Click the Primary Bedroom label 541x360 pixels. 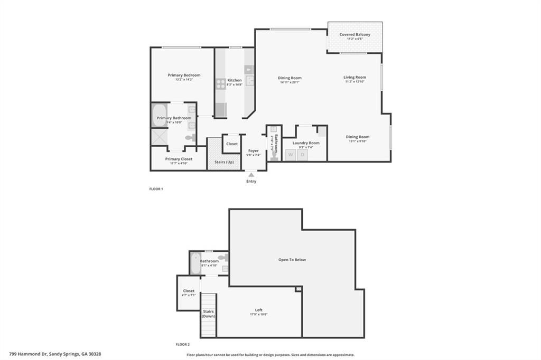[184, 75]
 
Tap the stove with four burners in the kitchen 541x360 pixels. [220, 82]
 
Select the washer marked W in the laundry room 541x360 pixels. [290, 155]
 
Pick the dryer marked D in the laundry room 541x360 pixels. [303, 155]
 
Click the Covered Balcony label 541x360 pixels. [355, 34]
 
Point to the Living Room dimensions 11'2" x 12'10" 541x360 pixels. [355, 82]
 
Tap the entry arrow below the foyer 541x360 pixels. [251, 174]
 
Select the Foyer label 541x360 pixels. [253, 150]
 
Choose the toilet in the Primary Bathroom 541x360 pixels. [189, 138]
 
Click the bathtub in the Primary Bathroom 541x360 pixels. [159, 116]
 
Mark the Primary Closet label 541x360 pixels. [179, 159]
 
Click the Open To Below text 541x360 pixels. [292, 260]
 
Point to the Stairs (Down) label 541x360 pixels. [208, 314]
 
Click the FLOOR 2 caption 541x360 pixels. [182, 344]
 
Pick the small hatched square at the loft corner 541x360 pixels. [299, 289]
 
